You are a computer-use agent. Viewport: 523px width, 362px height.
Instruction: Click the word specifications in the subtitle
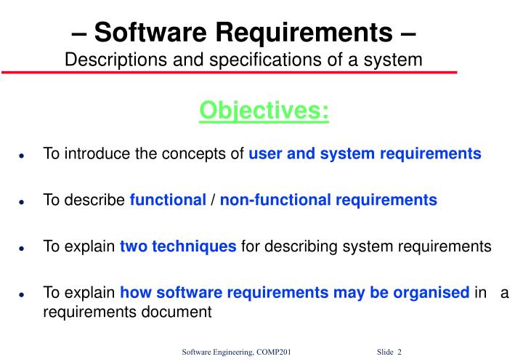[266, 59]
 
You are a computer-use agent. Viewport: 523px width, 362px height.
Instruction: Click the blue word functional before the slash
[168, 200]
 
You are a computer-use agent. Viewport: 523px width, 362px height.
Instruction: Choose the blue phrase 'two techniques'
[178, 246]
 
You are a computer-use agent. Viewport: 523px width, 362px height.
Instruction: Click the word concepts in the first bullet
[206, 154]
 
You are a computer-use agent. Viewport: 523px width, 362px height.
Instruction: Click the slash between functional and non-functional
[213, 200]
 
